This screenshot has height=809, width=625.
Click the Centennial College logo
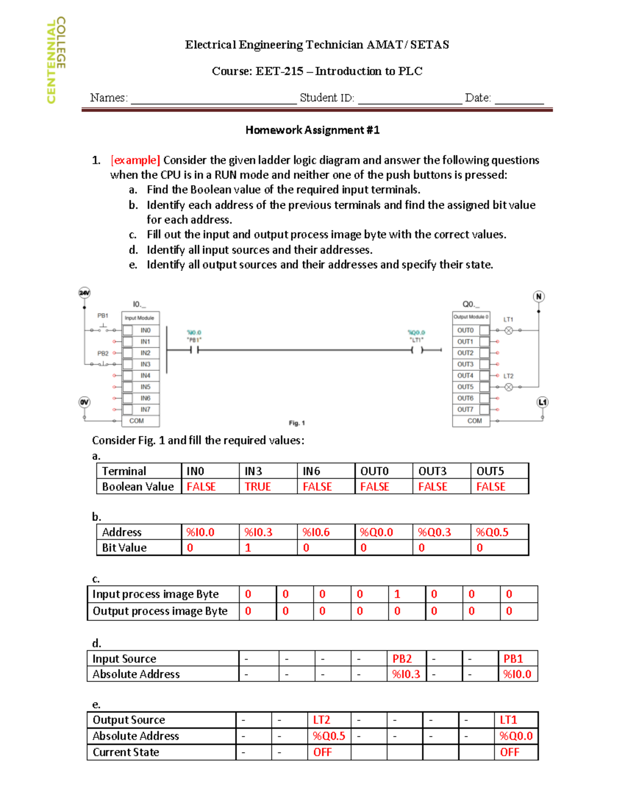click(56, 59)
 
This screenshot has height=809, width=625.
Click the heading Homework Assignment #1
click(312, 130)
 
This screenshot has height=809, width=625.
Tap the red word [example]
click(135, 160)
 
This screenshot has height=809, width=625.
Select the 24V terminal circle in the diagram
click(84, 293)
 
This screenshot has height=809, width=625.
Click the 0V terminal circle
click(84, 402)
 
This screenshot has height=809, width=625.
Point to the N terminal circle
click(539, 296)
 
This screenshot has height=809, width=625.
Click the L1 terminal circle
click(543, 402)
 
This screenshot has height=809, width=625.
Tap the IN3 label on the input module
click(145, 364)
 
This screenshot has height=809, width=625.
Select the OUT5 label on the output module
click(465, 387)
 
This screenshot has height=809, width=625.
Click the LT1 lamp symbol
click(509, 330)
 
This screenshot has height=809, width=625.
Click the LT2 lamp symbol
click(509, 387)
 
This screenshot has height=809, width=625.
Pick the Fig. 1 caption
click(297, 423)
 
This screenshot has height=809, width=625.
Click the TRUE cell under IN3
click(258, 487)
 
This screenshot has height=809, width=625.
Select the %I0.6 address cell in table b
click(316, 532)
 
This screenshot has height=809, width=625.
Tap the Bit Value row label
click(124, 548)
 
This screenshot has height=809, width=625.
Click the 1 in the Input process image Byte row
click(397, 594)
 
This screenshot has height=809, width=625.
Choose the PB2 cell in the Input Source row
click(402, 659)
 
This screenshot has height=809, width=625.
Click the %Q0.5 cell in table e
click(329, 736)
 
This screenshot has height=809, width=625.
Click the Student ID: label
click(327, 98)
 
